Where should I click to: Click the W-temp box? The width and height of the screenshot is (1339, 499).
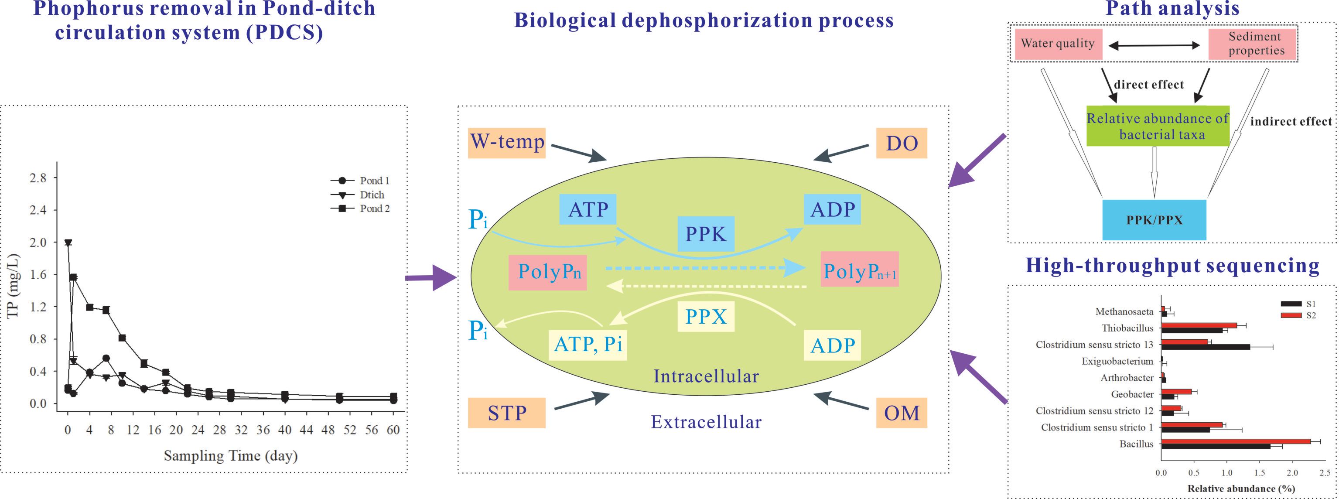click(507, 143)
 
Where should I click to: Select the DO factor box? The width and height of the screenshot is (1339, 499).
click(902, 143)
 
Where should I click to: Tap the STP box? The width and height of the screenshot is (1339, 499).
click(507, 413)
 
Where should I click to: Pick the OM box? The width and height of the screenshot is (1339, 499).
click(902, 413)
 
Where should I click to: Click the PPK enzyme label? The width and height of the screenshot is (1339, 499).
click(705, 234)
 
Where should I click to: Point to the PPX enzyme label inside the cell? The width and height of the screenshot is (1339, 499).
click(705, 317)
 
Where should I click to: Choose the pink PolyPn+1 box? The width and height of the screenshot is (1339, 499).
click(860, 271)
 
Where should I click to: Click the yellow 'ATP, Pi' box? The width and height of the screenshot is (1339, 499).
click(588, 344)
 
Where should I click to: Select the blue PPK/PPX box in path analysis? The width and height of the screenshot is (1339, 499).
click(1154, 220)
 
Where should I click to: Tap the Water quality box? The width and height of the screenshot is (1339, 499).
click(1057, 43)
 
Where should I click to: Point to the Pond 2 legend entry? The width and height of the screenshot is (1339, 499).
click(374, 208)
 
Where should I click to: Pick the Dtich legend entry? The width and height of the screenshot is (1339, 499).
click(372, 195)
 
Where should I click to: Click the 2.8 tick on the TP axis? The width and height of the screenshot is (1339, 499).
click(38, 178)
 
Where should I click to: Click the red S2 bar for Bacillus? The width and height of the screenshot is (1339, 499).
click(1236, 441)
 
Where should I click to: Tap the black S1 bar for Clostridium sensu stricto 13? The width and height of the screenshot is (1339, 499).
click(1205, 347)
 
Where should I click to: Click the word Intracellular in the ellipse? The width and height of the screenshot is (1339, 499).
click(706, 376)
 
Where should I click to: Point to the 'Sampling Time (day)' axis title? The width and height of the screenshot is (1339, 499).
click(230, 456)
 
